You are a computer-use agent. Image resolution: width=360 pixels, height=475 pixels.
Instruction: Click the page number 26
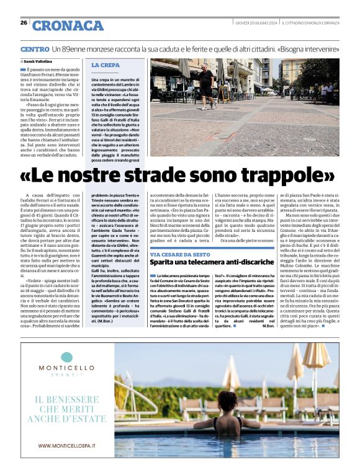click(24, 22)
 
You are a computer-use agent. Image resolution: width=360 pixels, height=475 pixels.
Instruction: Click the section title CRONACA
click(68, 25)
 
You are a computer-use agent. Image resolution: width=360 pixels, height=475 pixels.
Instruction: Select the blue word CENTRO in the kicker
click(35, 48)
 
